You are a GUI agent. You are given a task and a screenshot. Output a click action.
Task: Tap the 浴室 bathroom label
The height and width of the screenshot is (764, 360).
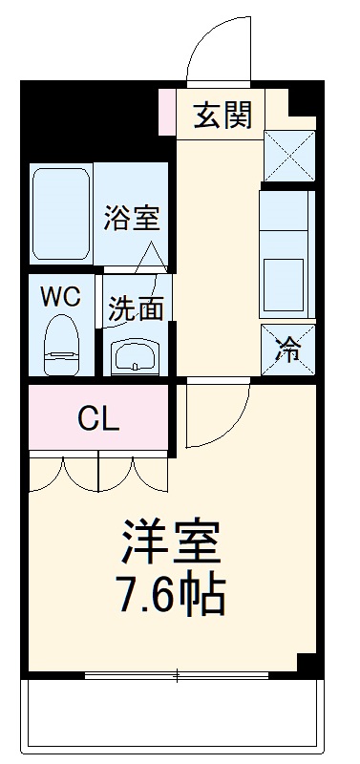point(132,218)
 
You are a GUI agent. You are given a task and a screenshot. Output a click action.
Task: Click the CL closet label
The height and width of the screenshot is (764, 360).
point(98,417)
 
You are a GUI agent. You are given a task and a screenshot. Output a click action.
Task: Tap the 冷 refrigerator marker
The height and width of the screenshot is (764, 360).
point(287,350)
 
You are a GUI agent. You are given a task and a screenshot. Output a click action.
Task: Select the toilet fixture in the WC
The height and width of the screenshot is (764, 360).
point(61,344)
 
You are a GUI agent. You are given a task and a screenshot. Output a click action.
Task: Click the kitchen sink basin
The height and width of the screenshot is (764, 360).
point(285,280)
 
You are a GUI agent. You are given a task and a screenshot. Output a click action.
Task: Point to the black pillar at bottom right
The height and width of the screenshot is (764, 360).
point(307,665)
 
